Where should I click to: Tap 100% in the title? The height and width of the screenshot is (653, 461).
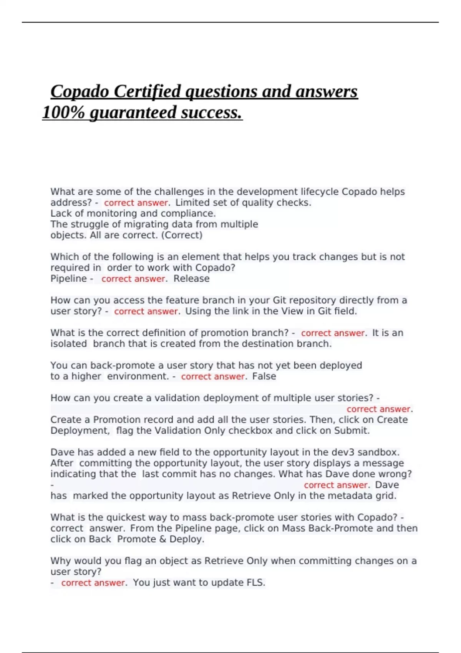coord(63,113)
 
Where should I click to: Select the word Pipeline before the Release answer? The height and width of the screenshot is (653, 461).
coord(68,278)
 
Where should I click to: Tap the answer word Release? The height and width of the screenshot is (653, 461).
coord(191,278)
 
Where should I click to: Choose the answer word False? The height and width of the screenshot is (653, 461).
coord(264,376)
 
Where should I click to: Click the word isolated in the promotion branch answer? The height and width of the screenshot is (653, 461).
coord(68,344)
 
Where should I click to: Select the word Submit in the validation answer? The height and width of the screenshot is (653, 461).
coord(351,431)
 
